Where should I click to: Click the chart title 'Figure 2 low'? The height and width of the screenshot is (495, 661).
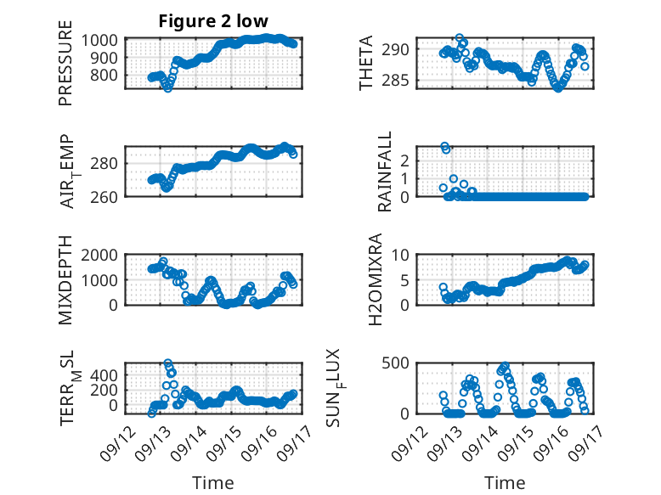pyautogui.click(x=213, y=21)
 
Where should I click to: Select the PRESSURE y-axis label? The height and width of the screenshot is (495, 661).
pyautogui.click(x=65, y=63)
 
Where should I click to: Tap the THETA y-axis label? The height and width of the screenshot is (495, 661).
pyautogui.click(x=366, y=63)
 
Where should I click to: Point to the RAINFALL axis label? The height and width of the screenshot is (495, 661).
pyautogui.click(x=385, y=172)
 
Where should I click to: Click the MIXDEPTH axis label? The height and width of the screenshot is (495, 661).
pyautogui.click(x=65, y=280)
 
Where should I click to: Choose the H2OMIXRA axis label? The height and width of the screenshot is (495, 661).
pyautogui.click(x=375, y=279)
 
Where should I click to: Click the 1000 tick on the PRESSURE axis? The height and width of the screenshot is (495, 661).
pyautogui.click(x=99, y=41)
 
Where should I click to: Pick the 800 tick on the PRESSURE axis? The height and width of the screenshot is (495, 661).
pyautogui.click(x=105, y=76)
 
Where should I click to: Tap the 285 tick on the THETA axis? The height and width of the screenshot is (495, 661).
pyautogui.click(x=395, y=80)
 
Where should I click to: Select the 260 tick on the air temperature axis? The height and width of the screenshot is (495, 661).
pyautogui.click(x=105, y=197)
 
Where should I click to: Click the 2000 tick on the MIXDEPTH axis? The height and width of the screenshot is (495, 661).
pyautogui.click(x=99, y=255)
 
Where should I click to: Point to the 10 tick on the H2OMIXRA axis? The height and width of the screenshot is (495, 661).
pyautogui.click(x=400, y=255)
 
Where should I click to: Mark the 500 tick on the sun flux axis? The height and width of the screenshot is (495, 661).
pyautogui.click(x=395, y=363)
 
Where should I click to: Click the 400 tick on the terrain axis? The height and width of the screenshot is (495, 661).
pyautogui.click(x=105, y=375)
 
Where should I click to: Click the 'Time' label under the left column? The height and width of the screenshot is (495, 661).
pyautogui.click(x=213, y=483)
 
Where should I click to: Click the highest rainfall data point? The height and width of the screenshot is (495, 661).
pyautogui.click(x=444, y=146)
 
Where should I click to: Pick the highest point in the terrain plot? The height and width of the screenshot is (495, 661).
pyautogui.click(x=167, y=363)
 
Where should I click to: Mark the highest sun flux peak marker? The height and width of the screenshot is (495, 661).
pyautogui.click(x=505, y=365)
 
